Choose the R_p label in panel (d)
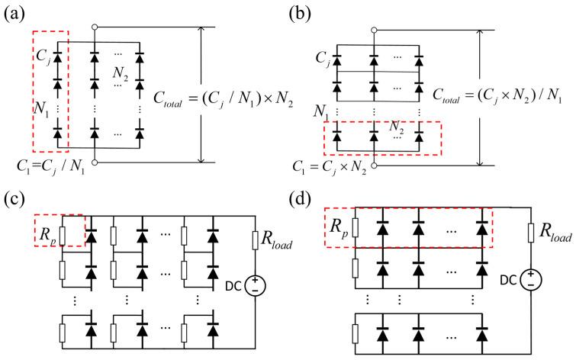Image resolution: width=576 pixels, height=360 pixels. tap(336, 227)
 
